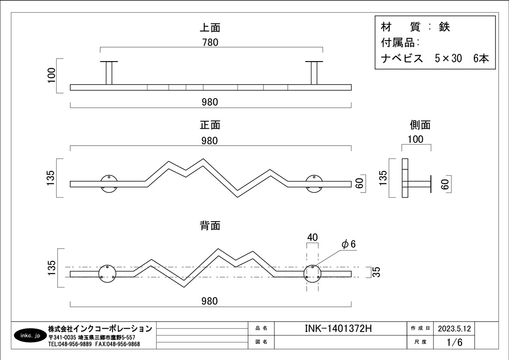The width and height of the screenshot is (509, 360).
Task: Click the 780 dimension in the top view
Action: (x=210, y=42)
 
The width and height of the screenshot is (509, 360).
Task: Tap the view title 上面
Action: (x=210, y=28)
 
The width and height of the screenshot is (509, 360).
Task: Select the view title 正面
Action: (x=210, y=125)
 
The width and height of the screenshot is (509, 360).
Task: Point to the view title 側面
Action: (x=420, y=125)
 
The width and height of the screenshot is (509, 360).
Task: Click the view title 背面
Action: (x=210, y=226)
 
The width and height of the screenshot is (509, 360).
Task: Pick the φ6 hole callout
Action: (x=348, y=244)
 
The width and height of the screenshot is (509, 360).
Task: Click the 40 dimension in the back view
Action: (x=312, y=237)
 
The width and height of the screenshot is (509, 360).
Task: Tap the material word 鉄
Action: (x=444, y=27)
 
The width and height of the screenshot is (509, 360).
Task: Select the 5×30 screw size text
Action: (x=448, y=59)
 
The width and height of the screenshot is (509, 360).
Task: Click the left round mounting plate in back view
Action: (x=107, y=274)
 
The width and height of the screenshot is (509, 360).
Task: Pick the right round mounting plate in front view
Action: (x=314, y=183)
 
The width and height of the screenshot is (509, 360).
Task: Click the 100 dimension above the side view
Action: (x=415, y=140)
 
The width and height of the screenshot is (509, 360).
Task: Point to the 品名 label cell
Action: (x=261, y=329)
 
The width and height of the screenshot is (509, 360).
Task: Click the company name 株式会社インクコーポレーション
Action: (x=100, y=329)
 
